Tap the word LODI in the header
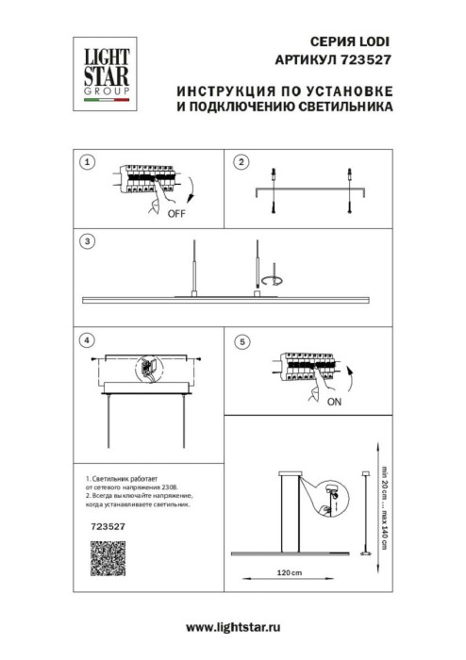(370, 42)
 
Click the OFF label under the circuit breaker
(175, 214)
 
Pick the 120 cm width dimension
(289, 574)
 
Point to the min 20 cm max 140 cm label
(384, 503)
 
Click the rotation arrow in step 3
(275, 280)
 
